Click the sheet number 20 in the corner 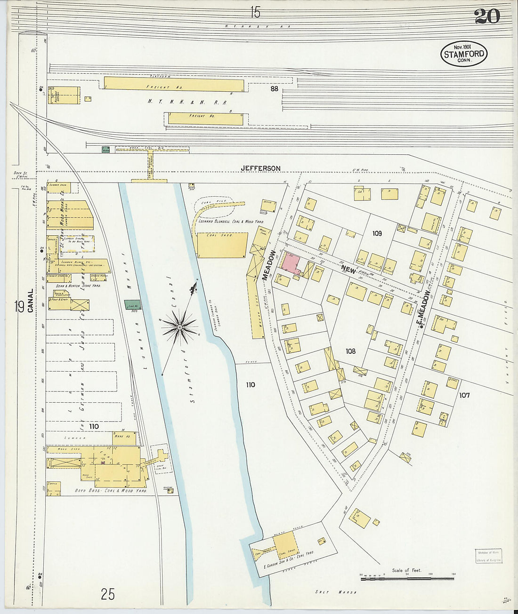point(487,16)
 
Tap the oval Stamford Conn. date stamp point(463,54)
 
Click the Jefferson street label point(260,168)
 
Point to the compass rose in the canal point(180,326)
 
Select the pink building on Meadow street point(291,263)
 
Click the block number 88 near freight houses point(274,88)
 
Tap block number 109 point(377,233)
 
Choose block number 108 point(350,351)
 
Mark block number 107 point(464,395)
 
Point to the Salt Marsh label point(336,592)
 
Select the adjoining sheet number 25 point(107,594)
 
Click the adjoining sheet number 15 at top point(255,11)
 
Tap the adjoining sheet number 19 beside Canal point(19,307)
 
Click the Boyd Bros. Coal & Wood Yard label point(111,491)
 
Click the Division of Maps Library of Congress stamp point(488,556)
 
